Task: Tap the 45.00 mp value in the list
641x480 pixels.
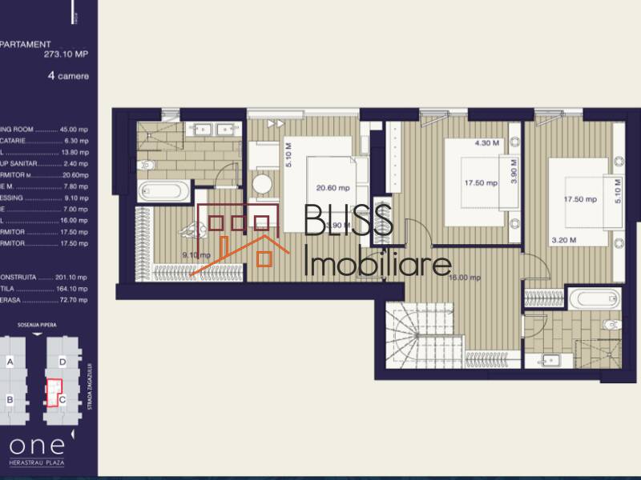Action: tap(73, 130)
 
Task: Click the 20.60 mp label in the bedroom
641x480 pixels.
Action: tap(333, 189)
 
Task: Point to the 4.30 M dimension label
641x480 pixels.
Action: tap(486, 144)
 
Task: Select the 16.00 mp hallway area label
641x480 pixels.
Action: tap(464, 278)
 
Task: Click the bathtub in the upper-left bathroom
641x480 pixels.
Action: tap(164, 192)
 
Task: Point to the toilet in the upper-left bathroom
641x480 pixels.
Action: tap(145, 165)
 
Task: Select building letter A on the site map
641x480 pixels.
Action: tap(10, 361)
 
